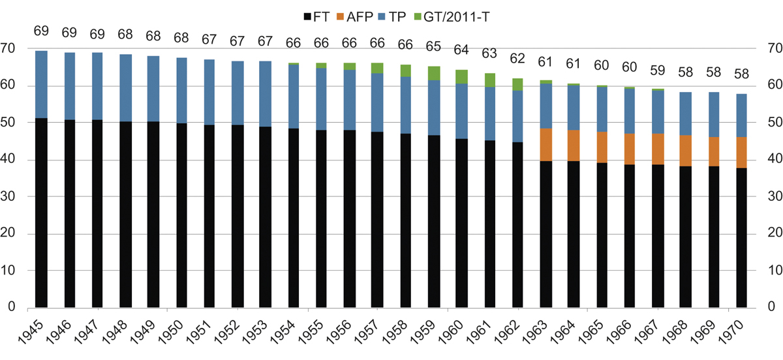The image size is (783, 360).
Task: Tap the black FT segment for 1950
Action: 181,215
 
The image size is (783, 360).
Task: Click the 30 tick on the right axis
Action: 774,196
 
